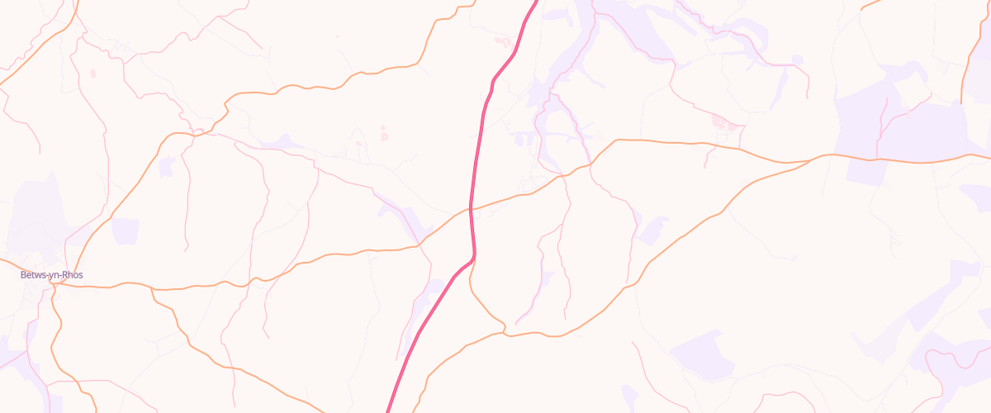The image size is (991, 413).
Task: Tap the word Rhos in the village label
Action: coord(73,275)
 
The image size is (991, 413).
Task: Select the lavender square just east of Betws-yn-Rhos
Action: coord(125,231)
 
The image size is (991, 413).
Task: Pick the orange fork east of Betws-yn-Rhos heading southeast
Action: coord(152,290)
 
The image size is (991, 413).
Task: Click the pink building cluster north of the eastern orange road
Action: coord(723,122)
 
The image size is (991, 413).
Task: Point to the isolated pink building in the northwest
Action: coord(92,74)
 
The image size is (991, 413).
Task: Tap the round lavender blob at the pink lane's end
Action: coord(797,59)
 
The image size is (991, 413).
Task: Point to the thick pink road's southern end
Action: coord(389,408)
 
